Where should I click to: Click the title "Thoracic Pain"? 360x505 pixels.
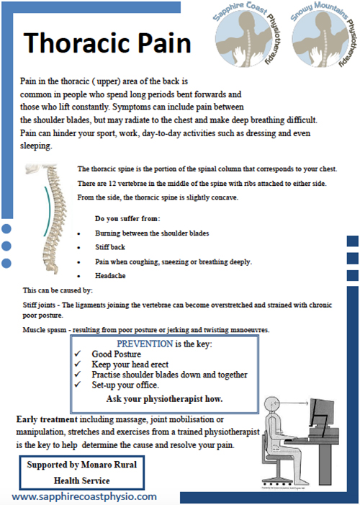(107, 43)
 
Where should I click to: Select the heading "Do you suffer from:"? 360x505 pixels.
(128, 218)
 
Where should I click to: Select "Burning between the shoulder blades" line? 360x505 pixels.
(152, 234)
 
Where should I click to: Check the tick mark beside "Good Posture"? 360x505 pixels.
(78, 355)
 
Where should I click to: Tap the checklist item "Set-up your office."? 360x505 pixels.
(125, 385)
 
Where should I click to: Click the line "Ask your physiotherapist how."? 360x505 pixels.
(164, 398)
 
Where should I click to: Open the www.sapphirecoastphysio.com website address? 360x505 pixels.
(84, 497)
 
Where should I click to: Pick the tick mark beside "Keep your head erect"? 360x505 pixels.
(78, 365)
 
